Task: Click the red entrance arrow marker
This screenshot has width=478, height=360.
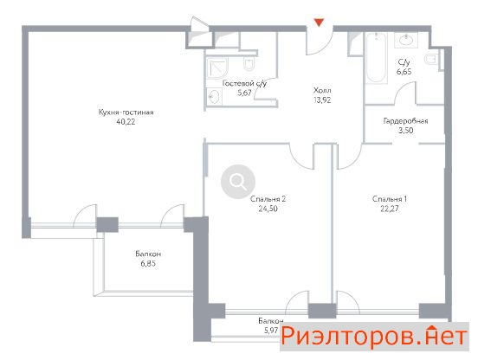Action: (319, 22)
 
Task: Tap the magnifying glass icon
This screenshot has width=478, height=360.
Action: (238, 182)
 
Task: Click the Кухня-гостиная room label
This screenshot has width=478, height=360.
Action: (126, 112)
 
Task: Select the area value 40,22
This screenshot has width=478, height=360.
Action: (126, 122)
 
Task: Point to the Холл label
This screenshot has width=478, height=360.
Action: (322, 90)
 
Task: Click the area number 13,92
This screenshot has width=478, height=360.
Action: (322, 100)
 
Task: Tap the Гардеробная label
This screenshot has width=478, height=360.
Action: (405, 121)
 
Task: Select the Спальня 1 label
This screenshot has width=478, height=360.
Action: (390, 199)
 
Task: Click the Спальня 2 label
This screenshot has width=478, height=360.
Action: (268, 199)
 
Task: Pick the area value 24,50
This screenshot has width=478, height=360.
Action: (268, 209)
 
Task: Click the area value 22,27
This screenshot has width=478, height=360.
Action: (390, 209)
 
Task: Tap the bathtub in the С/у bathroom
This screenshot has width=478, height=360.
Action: (376, 58)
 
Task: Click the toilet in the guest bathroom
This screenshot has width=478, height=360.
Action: (249, 63)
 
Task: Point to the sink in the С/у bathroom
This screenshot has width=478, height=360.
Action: (406, 40)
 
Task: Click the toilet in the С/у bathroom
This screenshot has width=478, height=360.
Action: (431, 60)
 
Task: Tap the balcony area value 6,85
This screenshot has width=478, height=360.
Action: (148, 263)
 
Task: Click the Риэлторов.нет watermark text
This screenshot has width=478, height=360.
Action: (374, 337)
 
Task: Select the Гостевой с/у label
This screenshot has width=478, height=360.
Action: (244, 83)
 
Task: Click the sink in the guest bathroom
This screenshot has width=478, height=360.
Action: (214, 97)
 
